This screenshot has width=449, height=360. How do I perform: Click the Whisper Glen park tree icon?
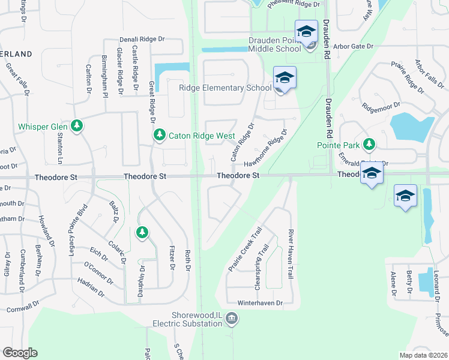[76, 125]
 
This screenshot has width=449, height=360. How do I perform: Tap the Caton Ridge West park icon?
[159, 135]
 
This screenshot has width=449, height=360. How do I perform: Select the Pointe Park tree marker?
[369, 144]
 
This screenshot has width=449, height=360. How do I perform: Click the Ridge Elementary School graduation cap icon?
[285, 78]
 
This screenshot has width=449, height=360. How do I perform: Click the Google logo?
[20, 353]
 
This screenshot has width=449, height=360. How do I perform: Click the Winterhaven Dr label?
[260, 303]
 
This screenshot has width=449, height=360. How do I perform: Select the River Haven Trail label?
[291, 254]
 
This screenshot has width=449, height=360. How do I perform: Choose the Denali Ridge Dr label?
[142, 38]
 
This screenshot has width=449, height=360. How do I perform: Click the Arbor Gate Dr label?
[354, 46]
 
